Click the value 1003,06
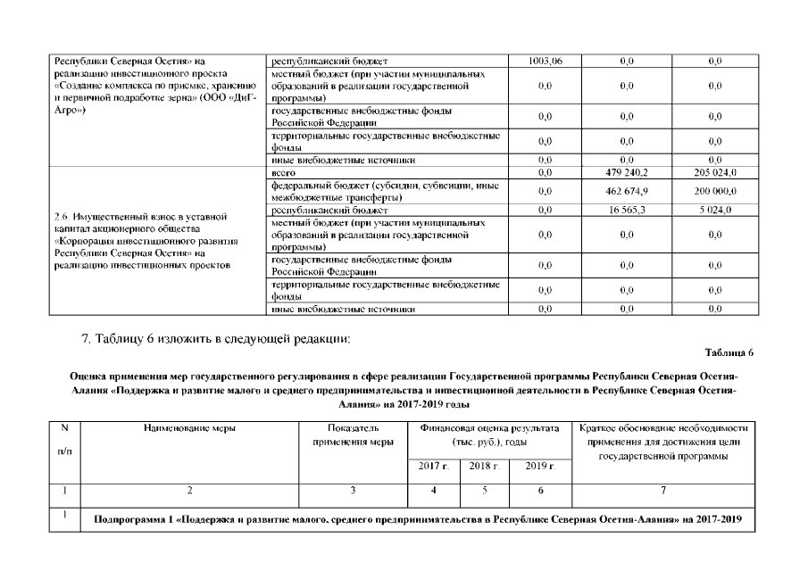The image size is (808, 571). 545,61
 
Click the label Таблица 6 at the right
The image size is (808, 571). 735,353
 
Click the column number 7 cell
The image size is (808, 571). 662,490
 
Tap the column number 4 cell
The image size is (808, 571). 433,490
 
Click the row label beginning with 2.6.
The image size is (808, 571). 147,241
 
